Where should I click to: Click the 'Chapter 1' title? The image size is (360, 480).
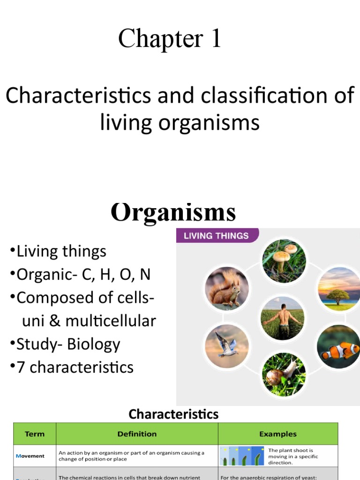click(x=169, y=39)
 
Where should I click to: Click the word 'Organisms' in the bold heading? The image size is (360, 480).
click(x=173, y=212)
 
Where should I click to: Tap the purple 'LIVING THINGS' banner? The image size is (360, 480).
click(x=216, y=235)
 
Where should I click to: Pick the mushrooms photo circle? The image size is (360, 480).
click(x=284, y=261)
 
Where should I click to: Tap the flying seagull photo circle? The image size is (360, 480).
click(x=226, y=346)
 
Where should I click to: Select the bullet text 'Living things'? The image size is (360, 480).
click(x=61, y=252)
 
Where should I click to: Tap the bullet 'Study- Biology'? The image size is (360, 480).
click(x=68, y=345)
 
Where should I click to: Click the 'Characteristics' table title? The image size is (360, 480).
click(x=173, y=414)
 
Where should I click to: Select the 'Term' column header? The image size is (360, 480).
click(x=35, y=434)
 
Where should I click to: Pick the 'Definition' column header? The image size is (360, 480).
click(x=137, y=434)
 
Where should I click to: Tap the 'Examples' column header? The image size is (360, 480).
click(x=278, y=434)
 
